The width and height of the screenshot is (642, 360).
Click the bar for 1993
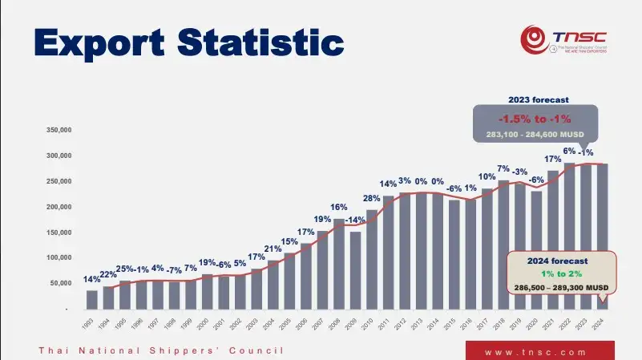point(92,299)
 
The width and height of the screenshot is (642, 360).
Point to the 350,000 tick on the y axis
point(60,130)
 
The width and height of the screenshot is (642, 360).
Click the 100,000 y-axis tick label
point(60,258)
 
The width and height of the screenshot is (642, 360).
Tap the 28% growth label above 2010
point(372,199)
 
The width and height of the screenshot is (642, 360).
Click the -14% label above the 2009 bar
point(355,220)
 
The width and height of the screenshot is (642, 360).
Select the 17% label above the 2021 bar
point(552,160)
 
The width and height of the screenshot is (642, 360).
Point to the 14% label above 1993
point(91,280)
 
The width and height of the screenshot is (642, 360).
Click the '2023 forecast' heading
point(539,100)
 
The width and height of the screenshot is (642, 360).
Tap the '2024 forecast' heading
point(558,261)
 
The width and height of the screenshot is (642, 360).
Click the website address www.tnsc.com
point(539,352)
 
